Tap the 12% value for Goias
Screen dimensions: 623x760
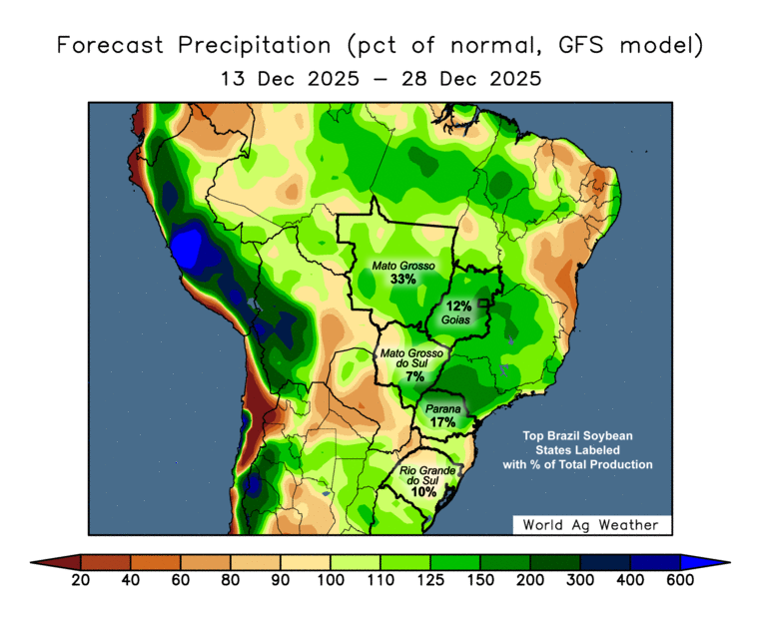[x=459, y=306]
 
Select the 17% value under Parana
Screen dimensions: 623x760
[x=443, y=422]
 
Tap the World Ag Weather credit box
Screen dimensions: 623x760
[x=591, y=524]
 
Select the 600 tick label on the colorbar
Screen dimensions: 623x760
[x=680, y=580]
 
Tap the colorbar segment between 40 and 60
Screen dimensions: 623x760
[x=156, y=562]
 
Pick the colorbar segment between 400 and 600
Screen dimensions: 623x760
[x=655, y=562]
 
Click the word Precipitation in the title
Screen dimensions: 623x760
[x=249, y=46]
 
